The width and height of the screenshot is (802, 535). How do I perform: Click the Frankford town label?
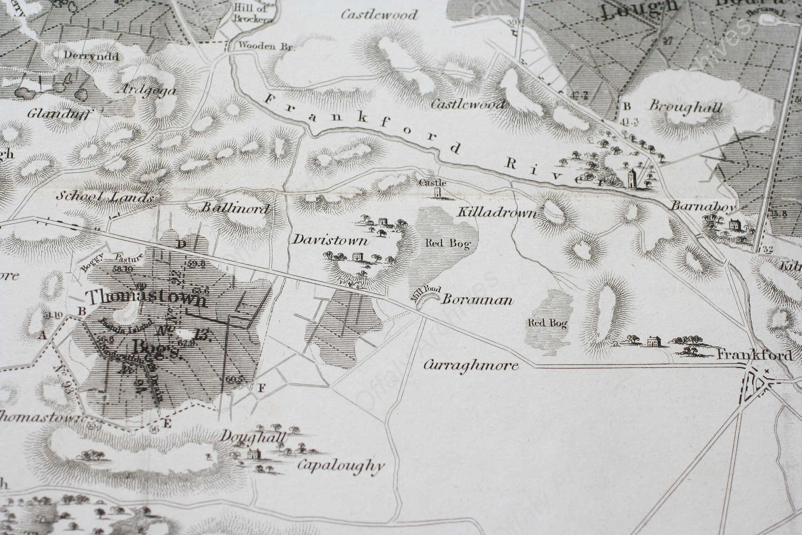click(x=755, y=356)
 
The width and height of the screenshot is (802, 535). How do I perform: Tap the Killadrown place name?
click(x=497, y=213)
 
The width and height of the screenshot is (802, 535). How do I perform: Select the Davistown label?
click(x=330, y=240)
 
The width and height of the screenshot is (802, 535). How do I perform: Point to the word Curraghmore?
click(x=471, y=365)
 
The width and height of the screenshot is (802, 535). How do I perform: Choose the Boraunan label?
click(x=478, y=300)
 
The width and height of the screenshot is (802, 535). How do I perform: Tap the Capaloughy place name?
click(x=341, y=465)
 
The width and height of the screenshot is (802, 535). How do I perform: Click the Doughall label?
click(x=253, y=437)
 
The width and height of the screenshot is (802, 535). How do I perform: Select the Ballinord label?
click(x=235, y=208)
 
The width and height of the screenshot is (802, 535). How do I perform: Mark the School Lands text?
click(x=104, y=197)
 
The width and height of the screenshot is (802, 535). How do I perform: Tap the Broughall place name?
click(x=686, y=107)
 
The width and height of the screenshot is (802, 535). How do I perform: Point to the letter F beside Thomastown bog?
click(x=261, y=389)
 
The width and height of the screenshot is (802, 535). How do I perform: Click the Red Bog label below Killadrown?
click(x=447, y=243)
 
